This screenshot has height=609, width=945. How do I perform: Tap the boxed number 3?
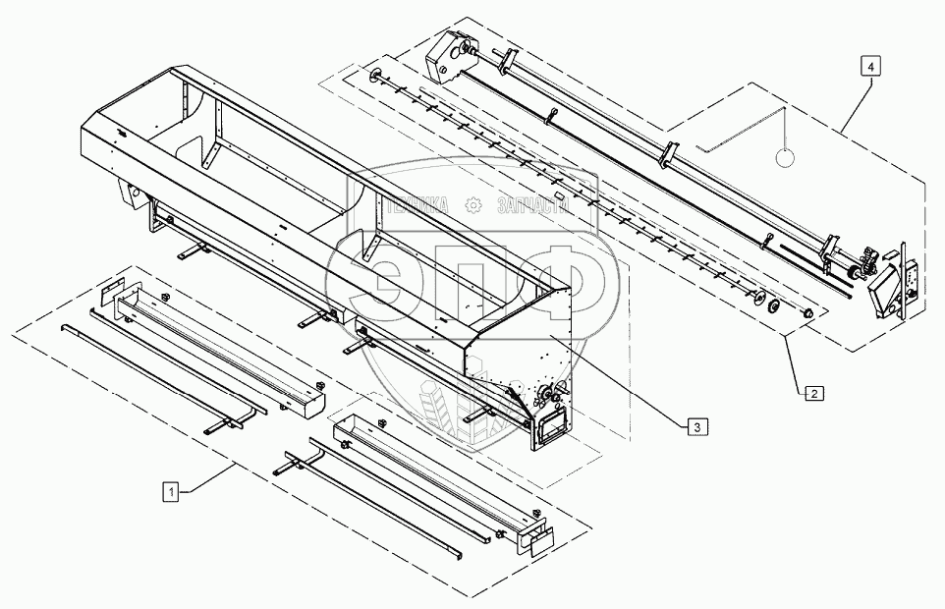click(695, 426)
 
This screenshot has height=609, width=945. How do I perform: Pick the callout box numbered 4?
click(871, 66)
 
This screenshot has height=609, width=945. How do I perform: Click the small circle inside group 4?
click(786, 157)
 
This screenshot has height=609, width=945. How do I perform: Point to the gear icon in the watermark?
click(473, 205)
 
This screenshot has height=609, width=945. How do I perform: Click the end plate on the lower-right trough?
click(538, 538)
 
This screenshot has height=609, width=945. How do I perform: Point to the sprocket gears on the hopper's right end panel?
click(545, 397)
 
